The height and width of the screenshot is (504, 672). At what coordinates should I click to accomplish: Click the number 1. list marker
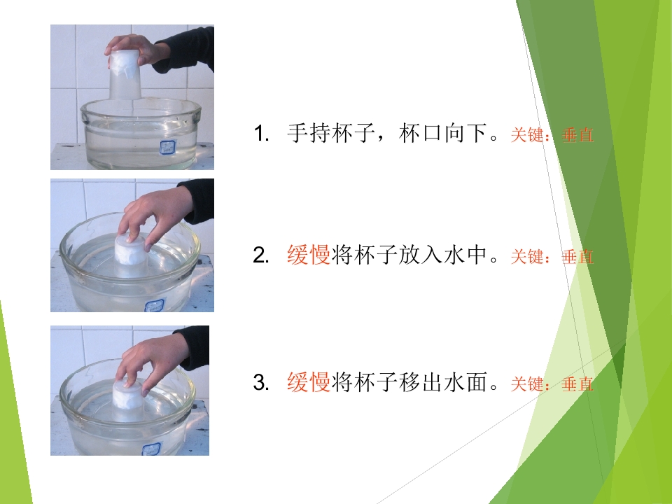pyautogui.click(x=261, y=133)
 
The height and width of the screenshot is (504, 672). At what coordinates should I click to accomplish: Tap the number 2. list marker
pyautogui.click(x=261, y=255)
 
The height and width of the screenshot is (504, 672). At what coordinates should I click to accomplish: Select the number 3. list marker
pyautogui.click(x=261, y=382)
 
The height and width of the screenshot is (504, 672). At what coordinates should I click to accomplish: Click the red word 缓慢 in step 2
pyautogui.click(x=309, y=255)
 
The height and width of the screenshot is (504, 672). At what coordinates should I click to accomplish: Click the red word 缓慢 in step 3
pyautogui.click(x=309, y=381)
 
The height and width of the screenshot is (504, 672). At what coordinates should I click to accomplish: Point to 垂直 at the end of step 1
pyautogui.click(x=577, y=135)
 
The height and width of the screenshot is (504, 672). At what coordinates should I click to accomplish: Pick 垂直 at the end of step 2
pyautogui.click(x=577, y=257)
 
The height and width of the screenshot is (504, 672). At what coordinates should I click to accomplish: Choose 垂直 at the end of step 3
pyautogui.click(x=577, y=384)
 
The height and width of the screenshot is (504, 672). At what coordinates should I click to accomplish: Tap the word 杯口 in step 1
pyautogui.click(x=421, y=133)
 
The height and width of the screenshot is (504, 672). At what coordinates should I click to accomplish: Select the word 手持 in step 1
pyautogui.click(x=309, y=133)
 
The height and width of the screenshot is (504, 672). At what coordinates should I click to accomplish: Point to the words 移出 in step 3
pyautogui.click(x=421, y=381)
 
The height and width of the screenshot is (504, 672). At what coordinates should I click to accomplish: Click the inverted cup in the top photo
pyautogui.click(x=125, y=75)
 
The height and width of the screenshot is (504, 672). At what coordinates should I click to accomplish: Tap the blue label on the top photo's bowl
pyautogui.click(x=166, y=147)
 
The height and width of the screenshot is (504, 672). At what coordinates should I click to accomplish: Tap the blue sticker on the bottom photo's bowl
pyautogui.click(x=151, y=449)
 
